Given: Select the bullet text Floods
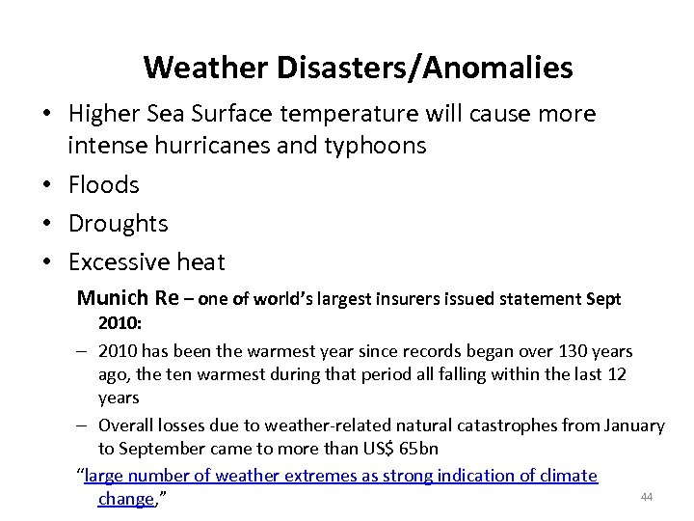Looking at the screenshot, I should [103, 184].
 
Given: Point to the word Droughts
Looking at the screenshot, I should [118, 223].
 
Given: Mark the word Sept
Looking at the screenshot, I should [603, 299].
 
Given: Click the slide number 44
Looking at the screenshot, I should [646, 497].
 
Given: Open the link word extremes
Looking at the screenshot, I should [315, 476].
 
